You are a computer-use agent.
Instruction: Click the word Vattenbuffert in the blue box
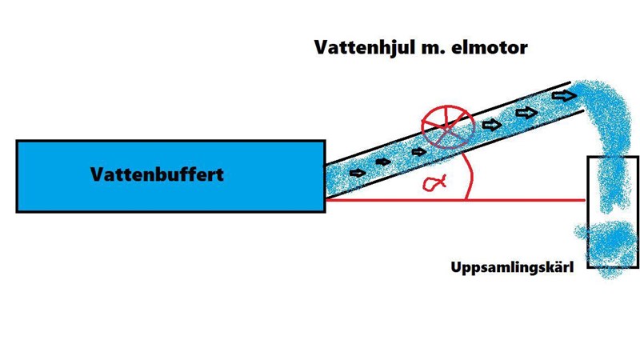(x=157, y=174)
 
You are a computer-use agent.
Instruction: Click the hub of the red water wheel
(x=449, y=128)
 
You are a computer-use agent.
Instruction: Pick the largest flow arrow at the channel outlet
(x=564, y=96)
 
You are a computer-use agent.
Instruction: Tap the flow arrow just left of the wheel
(x=417, y=151)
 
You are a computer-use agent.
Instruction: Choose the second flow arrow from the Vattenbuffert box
(x=383, y=162)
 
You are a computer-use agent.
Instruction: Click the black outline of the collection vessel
(x=589, y=216)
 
